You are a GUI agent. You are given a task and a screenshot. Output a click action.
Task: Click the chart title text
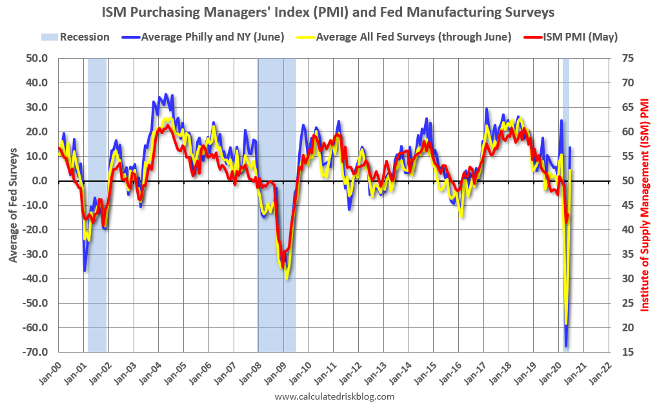click(x=328, y=12)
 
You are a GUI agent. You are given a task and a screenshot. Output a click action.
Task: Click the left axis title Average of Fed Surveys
click(x=14, y=206)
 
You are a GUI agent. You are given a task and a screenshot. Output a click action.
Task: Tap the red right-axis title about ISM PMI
click(x=644, y=205)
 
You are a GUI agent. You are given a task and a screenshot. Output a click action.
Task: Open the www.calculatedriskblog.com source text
click(x=334, y=396)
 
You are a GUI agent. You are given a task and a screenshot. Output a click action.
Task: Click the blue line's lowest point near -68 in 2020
click(x=566, y=346)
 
